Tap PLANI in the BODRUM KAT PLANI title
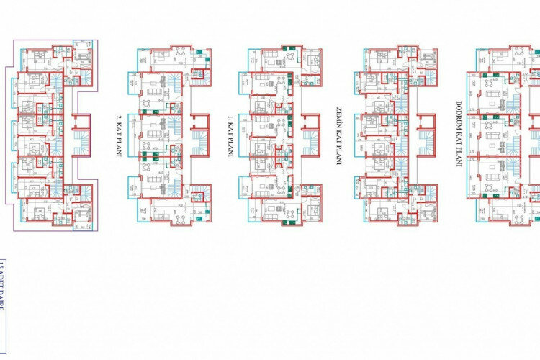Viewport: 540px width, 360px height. point(458,156)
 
